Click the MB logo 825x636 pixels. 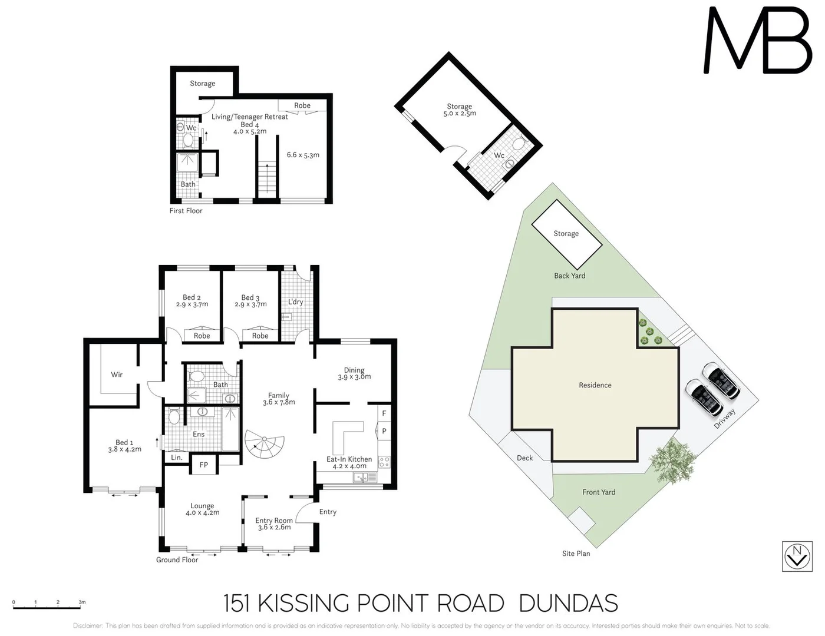point(758,41)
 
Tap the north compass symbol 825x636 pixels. point(797,556)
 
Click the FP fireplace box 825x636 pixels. point(204,465)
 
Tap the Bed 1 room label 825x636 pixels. point(124,446)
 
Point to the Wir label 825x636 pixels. point(117,375)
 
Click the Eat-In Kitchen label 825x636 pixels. point(349,462)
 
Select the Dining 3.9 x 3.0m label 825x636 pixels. point(354,373)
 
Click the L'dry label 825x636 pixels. point(295,302)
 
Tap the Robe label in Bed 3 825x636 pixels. point(260,336)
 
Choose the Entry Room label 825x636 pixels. point(274,524)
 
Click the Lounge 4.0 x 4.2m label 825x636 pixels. point(202,509)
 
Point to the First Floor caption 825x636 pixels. point(186,210)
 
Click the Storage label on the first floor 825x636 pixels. point(202,84)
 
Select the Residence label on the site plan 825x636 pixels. point(595,385)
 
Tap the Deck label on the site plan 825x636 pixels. point(524,458)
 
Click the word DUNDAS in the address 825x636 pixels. point(568,604)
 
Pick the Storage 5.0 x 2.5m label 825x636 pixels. point(460,110)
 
